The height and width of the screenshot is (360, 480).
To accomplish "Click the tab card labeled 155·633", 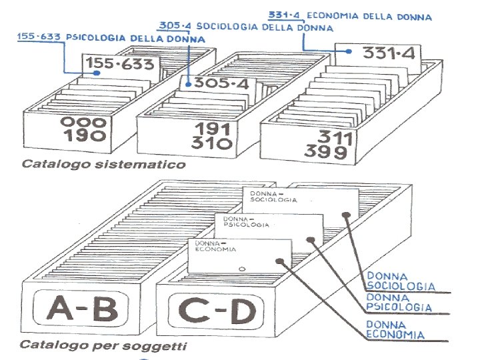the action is (x=120, y=65).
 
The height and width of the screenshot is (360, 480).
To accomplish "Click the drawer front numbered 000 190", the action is (x=83, y=129).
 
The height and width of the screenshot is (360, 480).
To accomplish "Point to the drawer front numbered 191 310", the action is (x=213, y=136).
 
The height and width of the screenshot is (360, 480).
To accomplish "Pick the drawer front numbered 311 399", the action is (x=326, y=145).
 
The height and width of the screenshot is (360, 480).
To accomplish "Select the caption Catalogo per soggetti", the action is (x=103, y=346).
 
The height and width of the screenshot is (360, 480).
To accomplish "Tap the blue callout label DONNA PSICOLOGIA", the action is (x=398, y=303).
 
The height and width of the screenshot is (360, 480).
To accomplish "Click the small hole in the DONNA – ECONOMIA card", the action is (x=243, y=269).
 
